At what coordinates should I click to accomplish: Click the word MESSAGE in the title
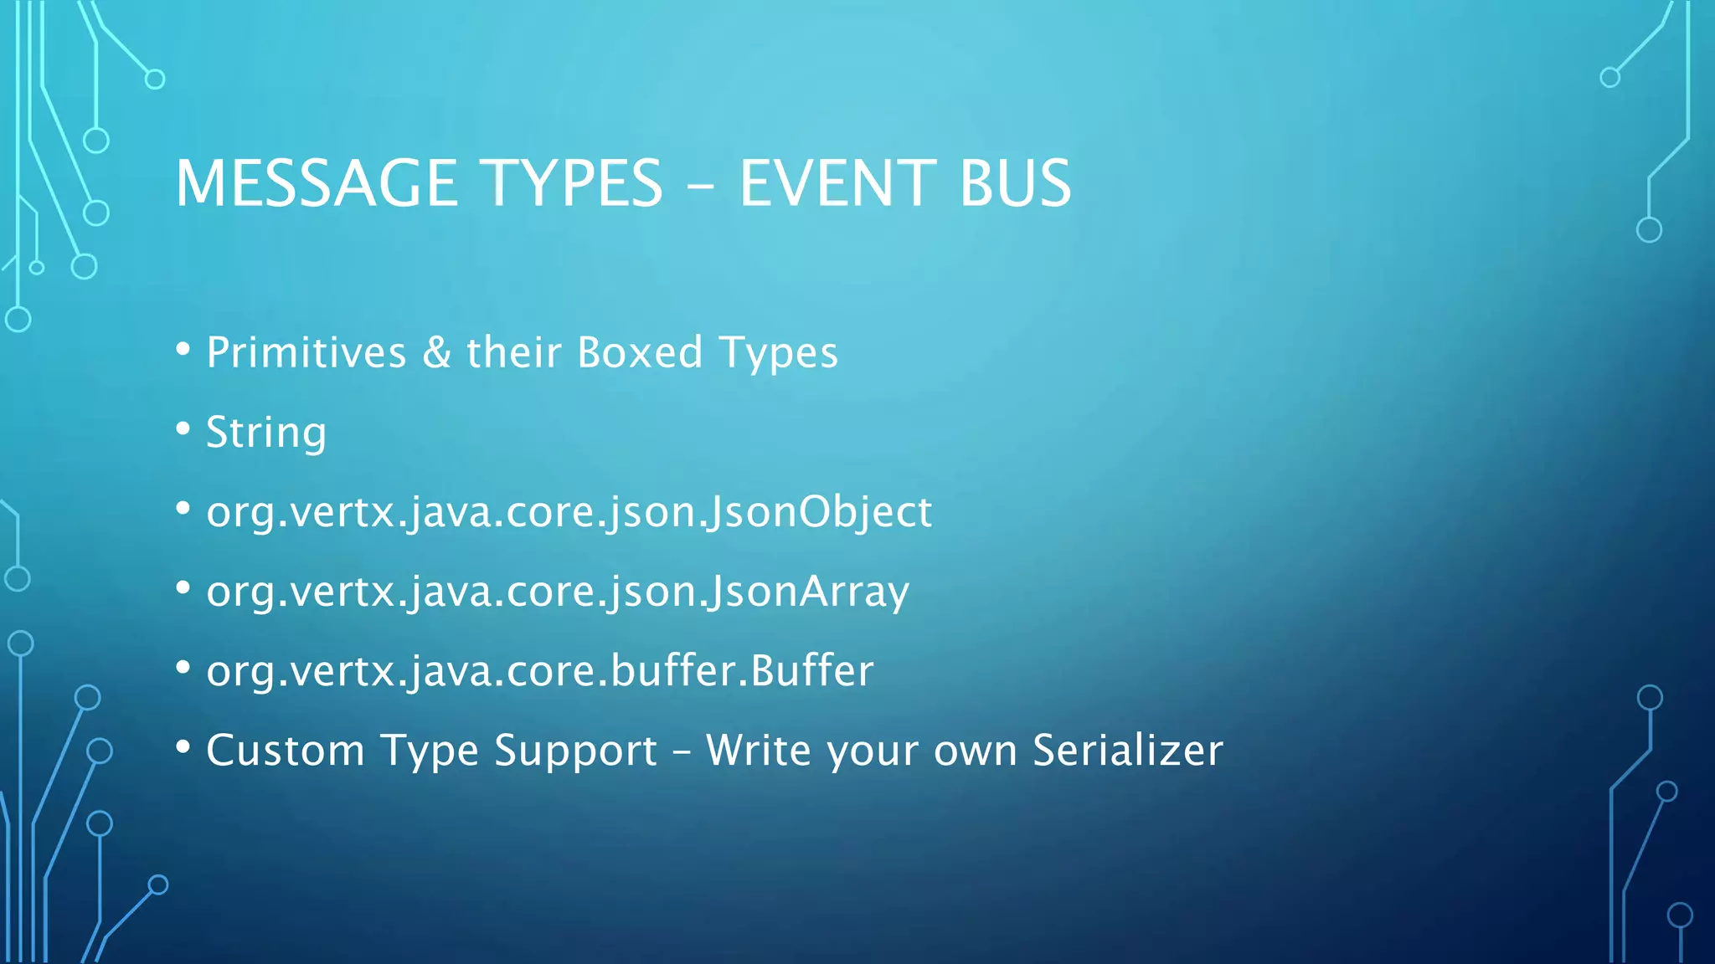(x=316, y=183)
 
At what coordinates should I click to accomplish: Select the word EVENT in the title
(x=836, y=183)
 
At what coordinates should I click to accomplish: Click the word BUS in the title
(x=1014, y=183)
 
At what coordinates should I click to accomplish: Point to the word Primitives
(x=306, y=352)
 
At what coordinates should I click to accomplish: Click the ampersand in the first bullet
(x=436, y=352)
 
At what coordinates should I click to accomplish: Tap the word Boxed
(x=640, y=352)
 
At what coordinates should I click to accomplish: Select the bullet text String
(x=266, y=433)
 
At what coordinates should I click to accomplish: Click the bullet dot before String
(x=183, y=429)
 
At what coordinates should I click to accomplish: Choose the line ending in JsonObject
(x=569, y=511)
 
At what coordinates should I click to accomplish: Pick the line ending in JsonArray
(x=558, y=592)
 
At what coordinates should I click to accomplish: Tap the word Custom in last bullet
(x=286, y=750)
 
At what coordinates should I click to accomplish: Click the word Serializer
(x=1127, y=750)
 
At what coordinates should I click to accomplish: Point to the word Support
(x=575, y=750)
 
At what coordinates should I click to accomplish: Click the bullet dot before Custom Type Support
(x=183, y=747)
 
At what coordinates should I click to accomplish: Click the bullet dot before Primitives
(x=183, y=350)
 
